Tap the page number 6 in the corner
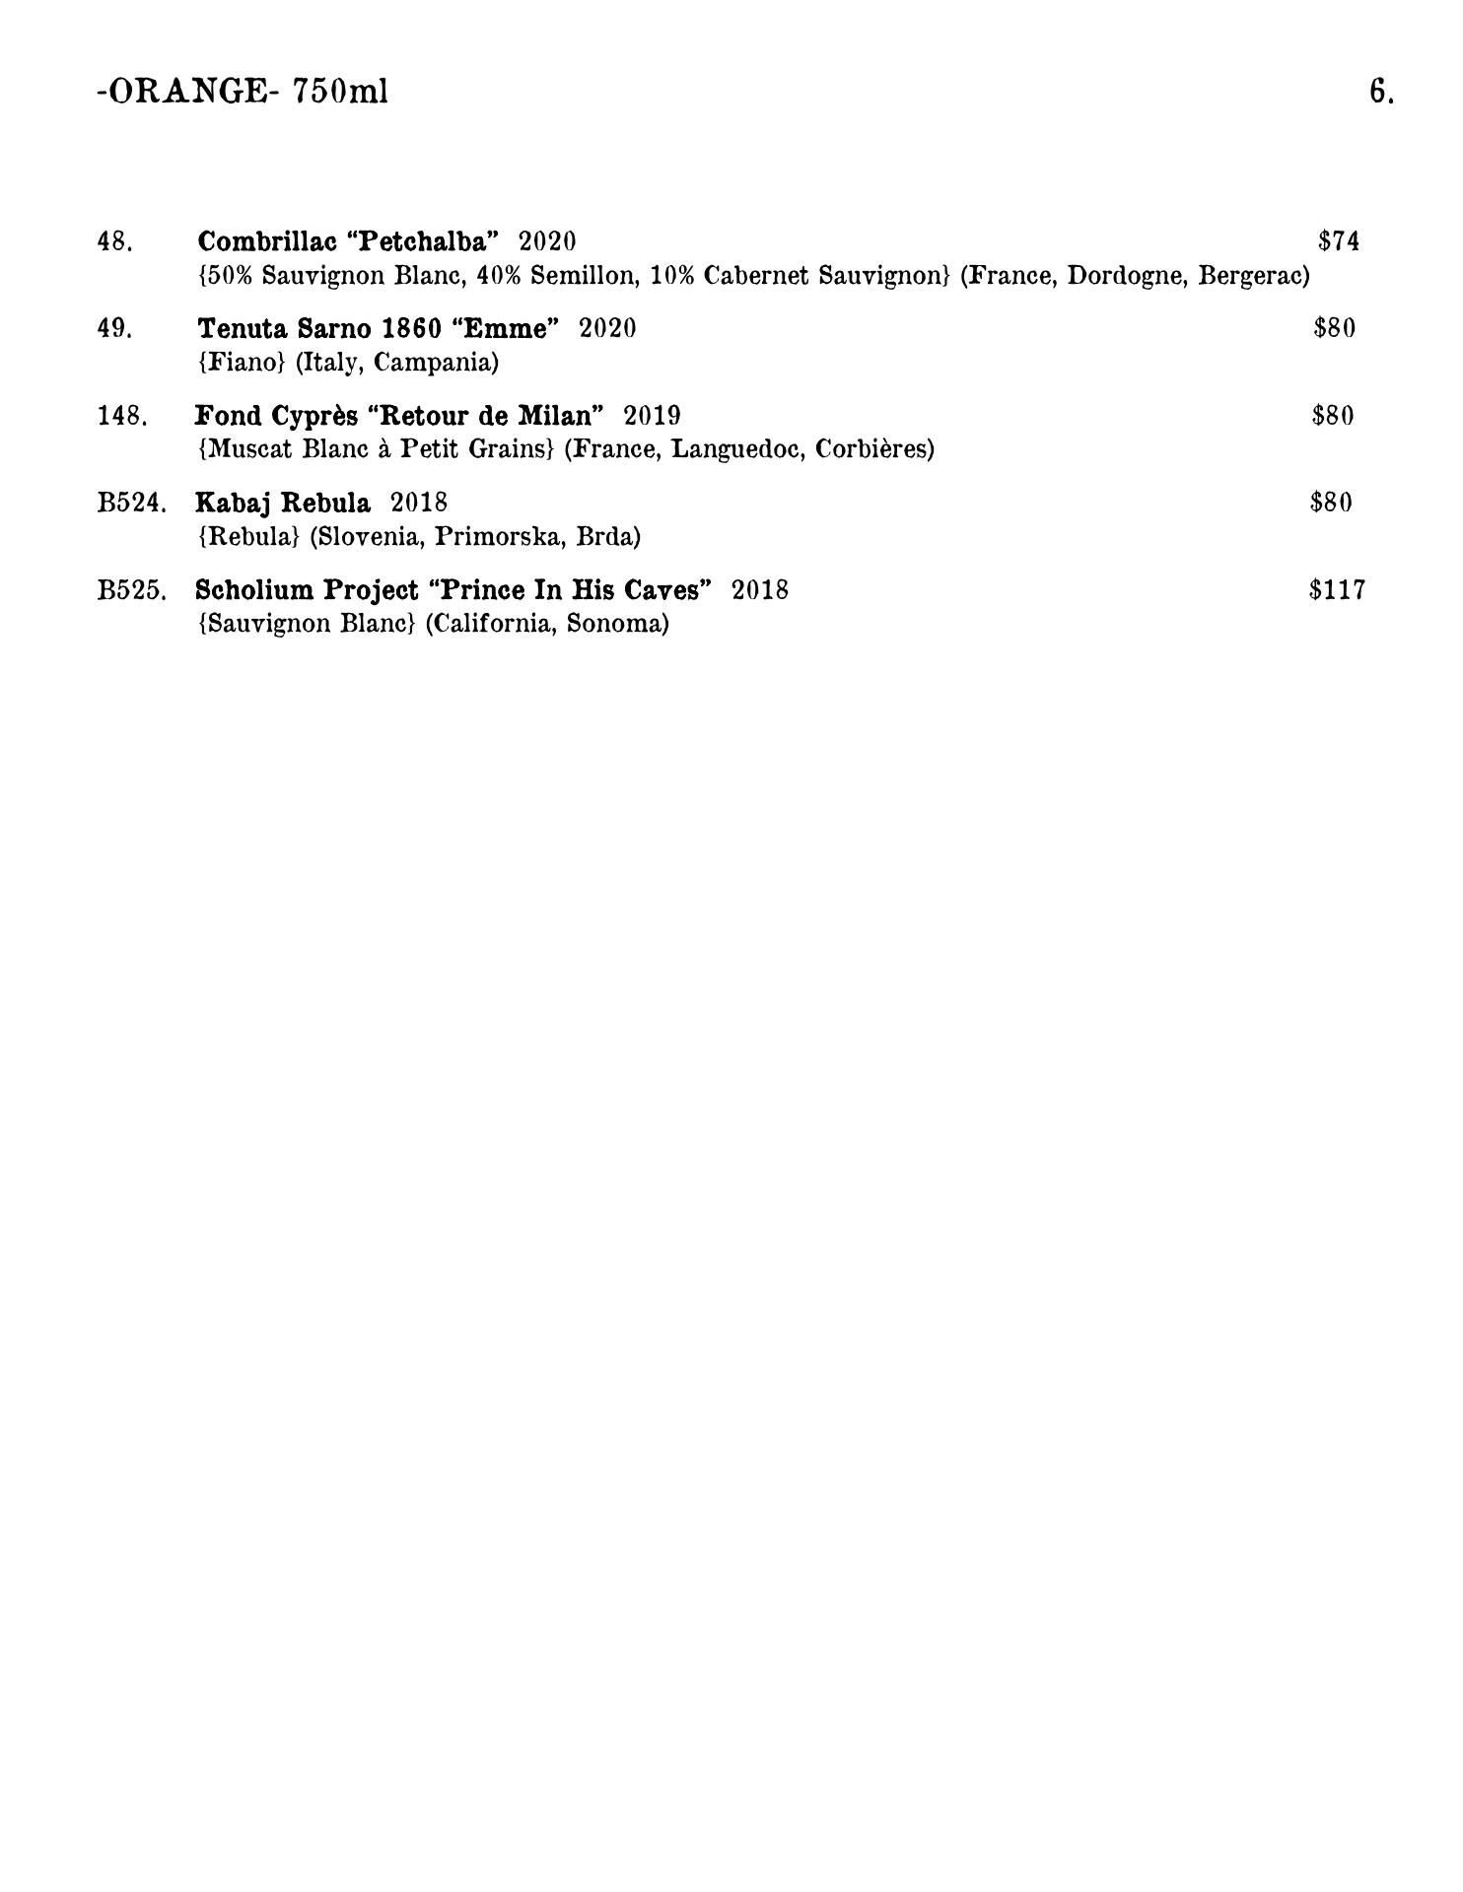[x=1380, y=92]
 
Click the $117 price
[x=1337, y=590]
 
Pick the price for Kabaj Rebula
[x=1331, y=503]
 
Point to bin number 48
[x=114, y=241]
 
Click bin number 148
[x=122, y=416]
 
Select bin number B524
[x=132, y=503]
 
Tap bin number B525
[x=132, y=590]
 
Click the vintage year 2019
[x=652, y=416]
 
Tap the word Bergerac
[x=1253, y=276]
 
